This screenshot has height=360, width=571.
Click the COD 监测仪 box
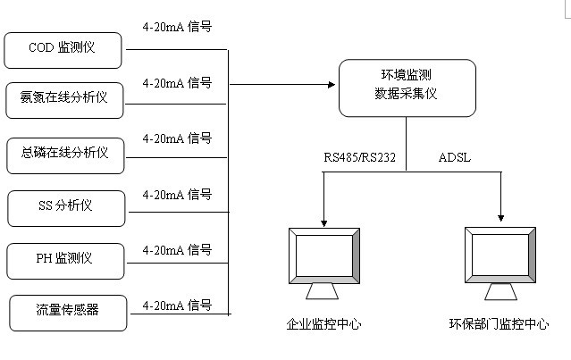[63, 49]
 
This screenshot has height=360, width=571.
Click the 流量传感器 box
[67, 312]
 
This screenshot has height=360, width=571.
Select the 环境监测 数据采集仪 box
[407, 88]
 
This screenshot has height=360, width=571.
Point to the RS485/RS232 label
[360, 158]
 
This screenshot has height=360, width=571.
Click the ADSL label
[455, 158]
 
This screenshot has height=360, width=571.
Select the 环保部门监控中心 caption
[499, 324]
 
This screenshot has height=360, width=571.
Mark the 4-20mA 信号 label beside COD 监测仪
[177, 26]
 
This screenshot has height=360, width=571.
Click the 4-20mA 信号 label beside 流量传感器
[177, 306]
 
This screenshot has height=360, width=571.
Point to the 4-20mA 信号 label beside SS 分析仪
[177, 195]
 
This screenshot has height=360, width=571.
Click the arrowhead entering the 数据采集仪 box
[332, 84]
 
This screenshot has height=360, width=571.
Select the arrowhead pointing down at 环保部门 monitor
[500, 217]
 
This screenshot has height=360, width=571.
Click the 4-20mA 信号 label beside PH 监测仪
[177, 250]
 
